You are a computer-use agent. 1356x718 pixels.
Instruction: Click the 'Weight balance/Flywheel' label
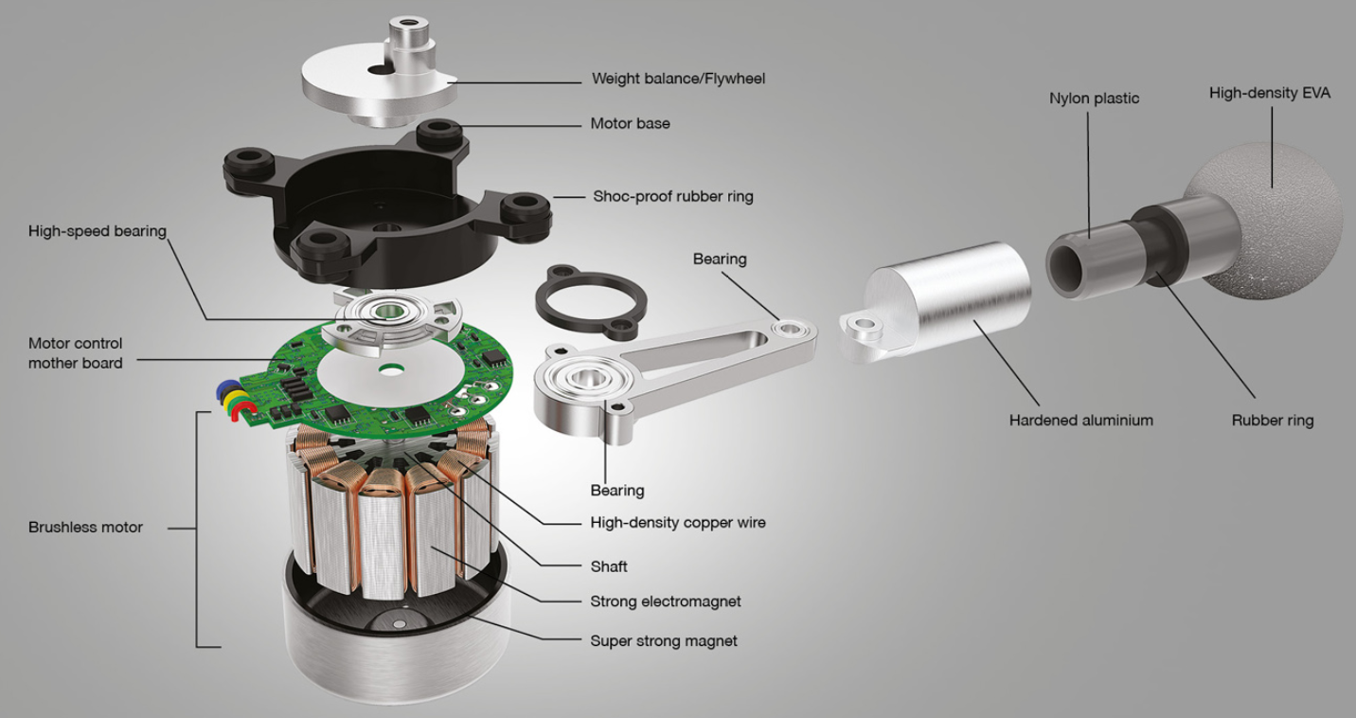click(x=678, y=79)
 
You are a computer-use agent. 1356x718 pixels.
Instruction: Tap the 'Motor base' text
click(x=630, y=123)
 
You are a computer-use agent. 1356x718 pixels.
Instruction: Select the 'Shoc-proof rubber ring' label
click(x=673, y=196)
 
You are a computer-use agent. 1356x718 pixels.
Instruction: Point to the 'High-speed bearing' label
click(x=98, y=231)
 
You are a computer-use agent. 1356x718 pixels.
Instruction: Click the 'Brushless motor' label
click(x=85, y=528)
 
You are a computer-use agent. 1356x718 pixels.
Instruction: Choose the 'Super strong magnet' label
click(x=664, y=641)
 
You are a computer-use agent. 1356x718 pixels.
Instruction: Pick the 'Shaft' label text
click(x=608, y=566)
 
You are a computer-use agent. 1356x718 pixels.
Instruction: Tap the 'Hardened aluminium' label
click(x=1080, y=421)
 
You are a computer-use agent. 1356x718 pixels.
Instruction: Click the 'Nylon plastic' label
click(x=1094, y=99)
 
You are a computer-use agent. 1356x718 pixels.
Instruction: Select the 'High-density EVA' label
click(x=1270, y=93)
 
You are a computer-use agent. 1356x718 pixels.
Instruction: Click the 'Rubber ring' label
click(x=1273, y=421)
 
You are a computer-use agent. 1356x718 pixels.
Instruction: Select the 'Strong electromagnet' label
click(x=666, y=601)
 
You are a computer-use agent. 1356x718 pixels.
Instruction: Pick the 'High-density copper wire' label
click(x=678, y=523)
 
